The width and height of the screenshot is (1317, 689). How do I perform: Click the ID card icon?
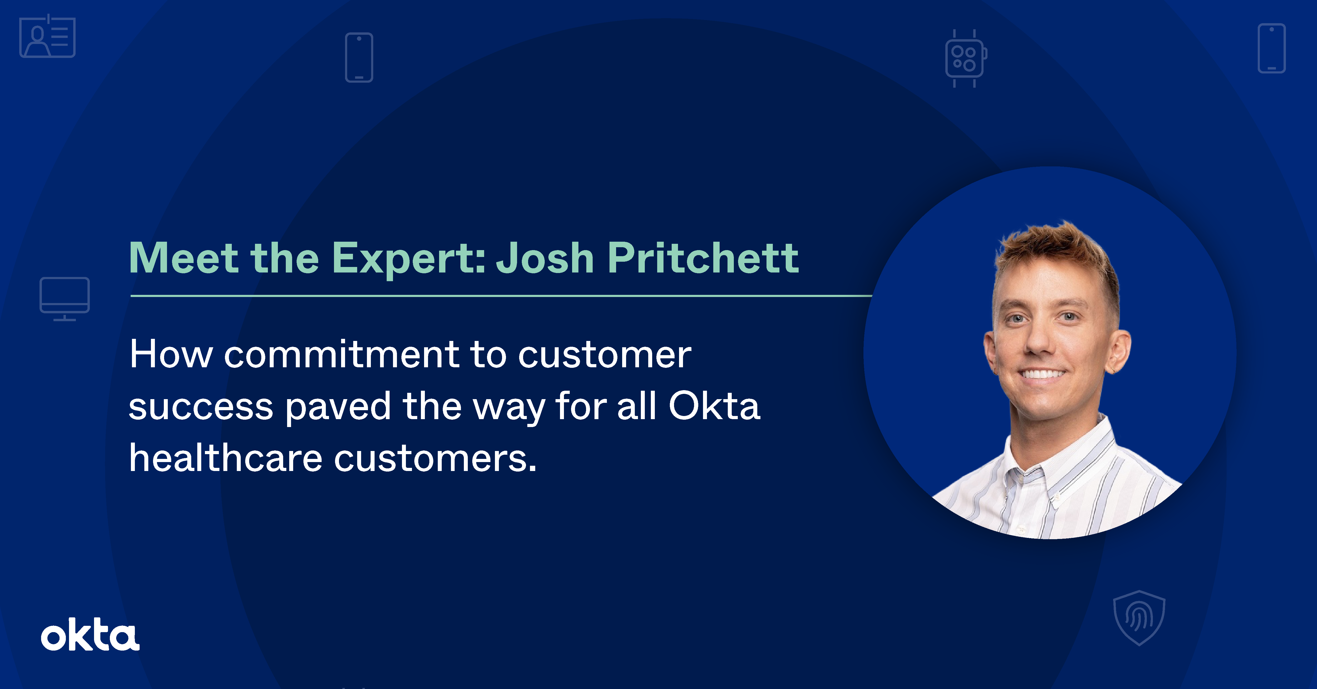point(48,37)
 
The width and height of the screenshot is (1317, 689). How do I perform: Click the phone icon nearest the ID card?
point(359,57)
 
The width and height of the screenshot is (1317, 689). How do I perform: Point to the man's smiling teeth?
point(1043,374)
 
